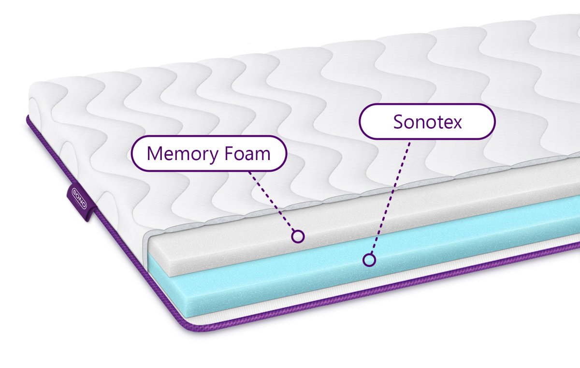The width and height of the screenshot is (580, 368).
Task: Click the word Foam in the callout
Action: click(247, 153)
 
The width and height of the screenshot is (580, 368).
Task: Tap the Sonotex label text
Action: click(427, 122)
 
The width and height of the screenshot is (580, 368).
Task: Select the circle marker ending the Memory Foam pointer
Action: click(298, 236)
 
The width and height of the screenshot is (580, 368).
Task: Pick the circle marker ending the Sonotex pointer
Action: click(369, 260)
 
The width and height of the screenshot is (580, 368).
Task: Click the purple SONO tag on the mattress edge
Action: click(81, 202)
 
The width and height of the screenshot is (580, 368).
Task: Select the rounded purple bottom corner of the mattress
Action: click(191, 327)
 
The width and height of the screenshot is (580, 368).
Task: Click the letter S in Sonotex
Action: click(399, 122)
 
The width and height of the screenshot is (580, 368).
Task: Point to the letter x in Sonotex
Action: click(456, 124)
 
